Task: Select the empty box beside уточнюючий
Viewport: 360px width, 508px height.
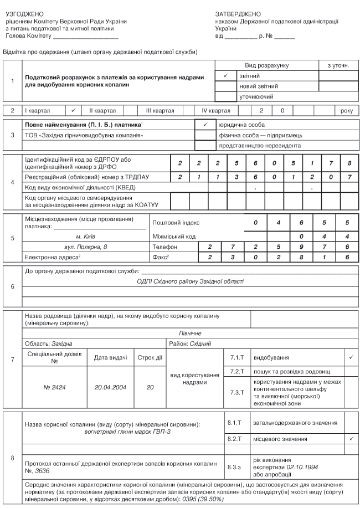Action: pyautogui.click(x=225, y=96)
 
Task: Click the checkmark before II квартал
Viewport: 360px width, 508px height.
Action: pyautogui.click(x=73, y=111)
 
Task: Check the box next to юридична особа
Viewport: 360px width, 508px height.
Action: pyautogui.click(x=205, y=125)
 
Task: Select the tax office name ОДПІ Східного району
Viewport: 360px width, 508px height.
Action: pyautogui.click(x=190, y=281)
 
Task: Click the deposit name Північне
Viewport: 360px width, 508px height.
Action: pyautogui.click(x=189, y=333)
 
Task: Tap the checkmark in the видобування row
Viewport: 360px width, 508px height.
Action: pyautogui.click(x=351, y=357)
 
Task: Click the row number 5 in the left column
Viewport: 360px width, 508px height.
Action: pyautogui.click(x=13, y=239)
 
